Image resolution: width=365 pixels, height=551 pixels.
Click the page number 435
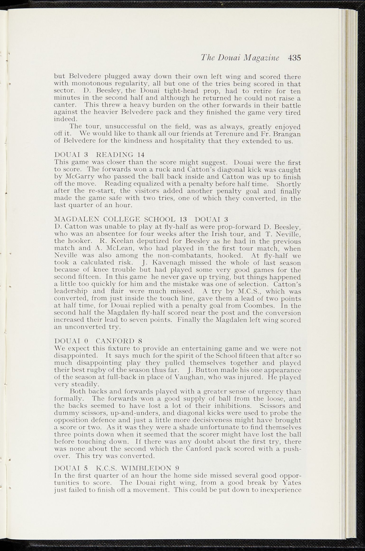294,58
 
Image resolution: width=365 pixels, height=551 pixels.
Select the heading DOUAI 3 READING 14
99,155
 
